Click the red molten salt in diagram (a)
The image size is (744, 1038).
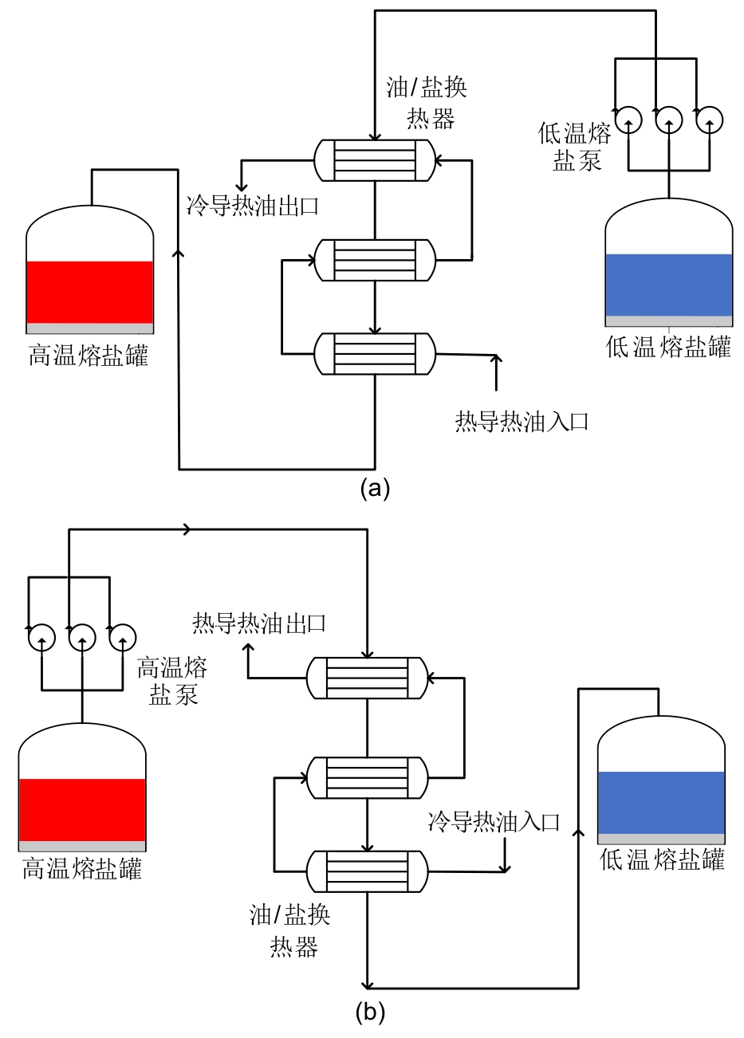click(89, 292)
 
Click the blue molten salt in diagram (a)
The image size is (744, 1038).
click(668, 285)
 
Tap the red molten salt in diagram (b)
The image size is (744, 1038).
click(82, 809)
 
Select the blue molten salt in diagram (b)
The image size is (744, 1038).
click(661, 802)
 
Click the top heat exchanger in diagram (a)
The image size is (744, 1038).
click(375, 160)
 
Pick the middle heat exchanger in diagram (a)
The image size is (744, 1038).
click(375, 259)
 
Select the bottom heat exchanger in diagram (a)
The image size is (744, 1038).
click(375, 353)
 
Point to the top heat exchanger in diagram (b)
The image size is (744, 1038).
click(368, 678)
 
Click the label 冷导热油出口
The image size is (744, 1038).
click(253, 206)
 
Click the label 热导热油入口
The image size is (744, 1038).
click(522, 420)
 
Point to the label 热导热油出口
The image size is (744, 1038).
click(259, 623)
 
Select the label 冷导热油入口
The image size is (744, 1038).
click(494, 821)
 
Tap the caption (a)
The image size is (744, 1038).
click(375, 488)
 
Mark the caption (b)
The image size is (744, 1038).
click(370, 1012)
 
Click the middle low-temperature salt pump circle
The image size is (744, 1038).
click(668, 120)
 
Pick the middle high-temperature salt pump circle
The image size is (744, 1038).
click(82, 637)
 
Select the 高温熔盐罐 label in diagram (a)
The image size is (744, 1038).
click(89, 355)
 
